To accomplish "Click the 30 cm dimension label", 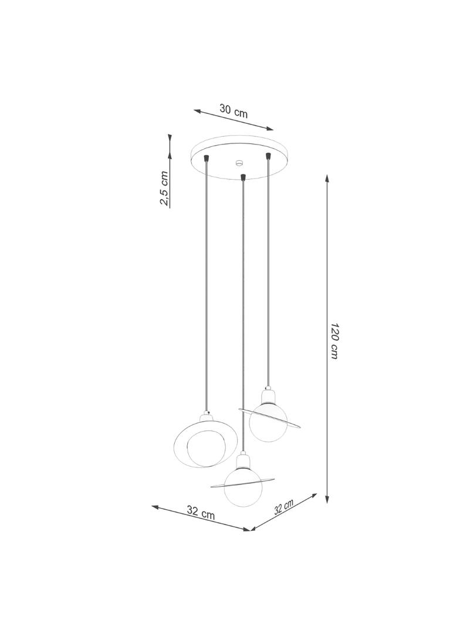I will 234,110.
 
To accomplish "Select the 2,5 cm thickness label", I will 165,189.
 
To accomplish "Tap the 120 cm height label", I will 334,340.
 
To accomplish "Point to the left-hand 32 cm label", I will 201,512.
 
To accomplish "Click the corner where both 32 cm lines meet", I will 251,530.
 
